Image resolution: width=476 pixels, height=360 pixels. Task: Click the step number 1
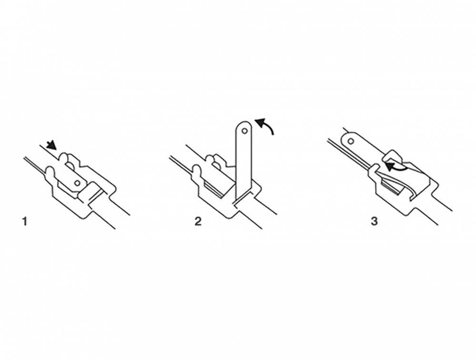point(25,222)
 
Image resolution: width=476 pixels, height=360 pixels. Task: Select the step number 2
point(198,222)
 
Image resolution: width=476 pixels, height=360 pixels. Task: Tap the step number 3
point(374,222)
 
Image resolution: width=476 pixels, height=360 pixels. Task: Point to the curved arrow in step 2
point(266,124)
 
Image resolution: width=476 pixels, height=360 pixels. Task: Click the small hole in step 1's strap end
point(78,183)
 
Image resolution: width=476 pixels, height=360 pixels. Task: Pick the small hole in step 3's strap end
point(351,141)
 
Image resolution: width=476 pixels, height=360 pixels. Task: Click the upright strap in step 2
point(243,161)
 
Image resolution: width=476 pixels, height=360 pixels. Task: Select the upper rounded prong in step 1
point(65,158)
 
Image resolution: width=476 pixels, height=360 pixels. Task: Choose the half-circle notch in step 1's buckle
point(70,165)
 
